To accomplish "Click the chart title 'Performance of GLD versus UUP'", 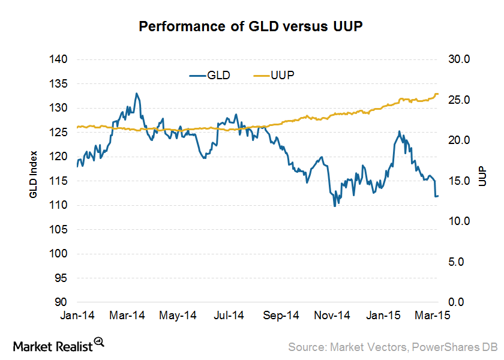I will [x=251, y=26].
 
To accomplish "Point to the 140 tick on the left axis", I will [x=59, y=59].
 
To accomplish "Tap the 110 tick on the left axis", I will [x=59, y=205].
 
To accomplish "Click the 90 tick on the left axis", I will [x=59, y=302].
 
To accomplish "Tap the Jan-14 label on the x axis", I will [x=77, y=315].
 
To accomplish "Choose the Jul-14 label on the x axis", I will [x=229, y=315].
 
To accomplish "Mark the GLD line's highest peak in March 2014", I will [x=137, y=94].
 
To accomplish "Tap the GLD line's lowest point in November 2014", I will [x=335, y=206].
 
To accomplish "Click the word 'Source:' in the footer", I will [x=307, y=346].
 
